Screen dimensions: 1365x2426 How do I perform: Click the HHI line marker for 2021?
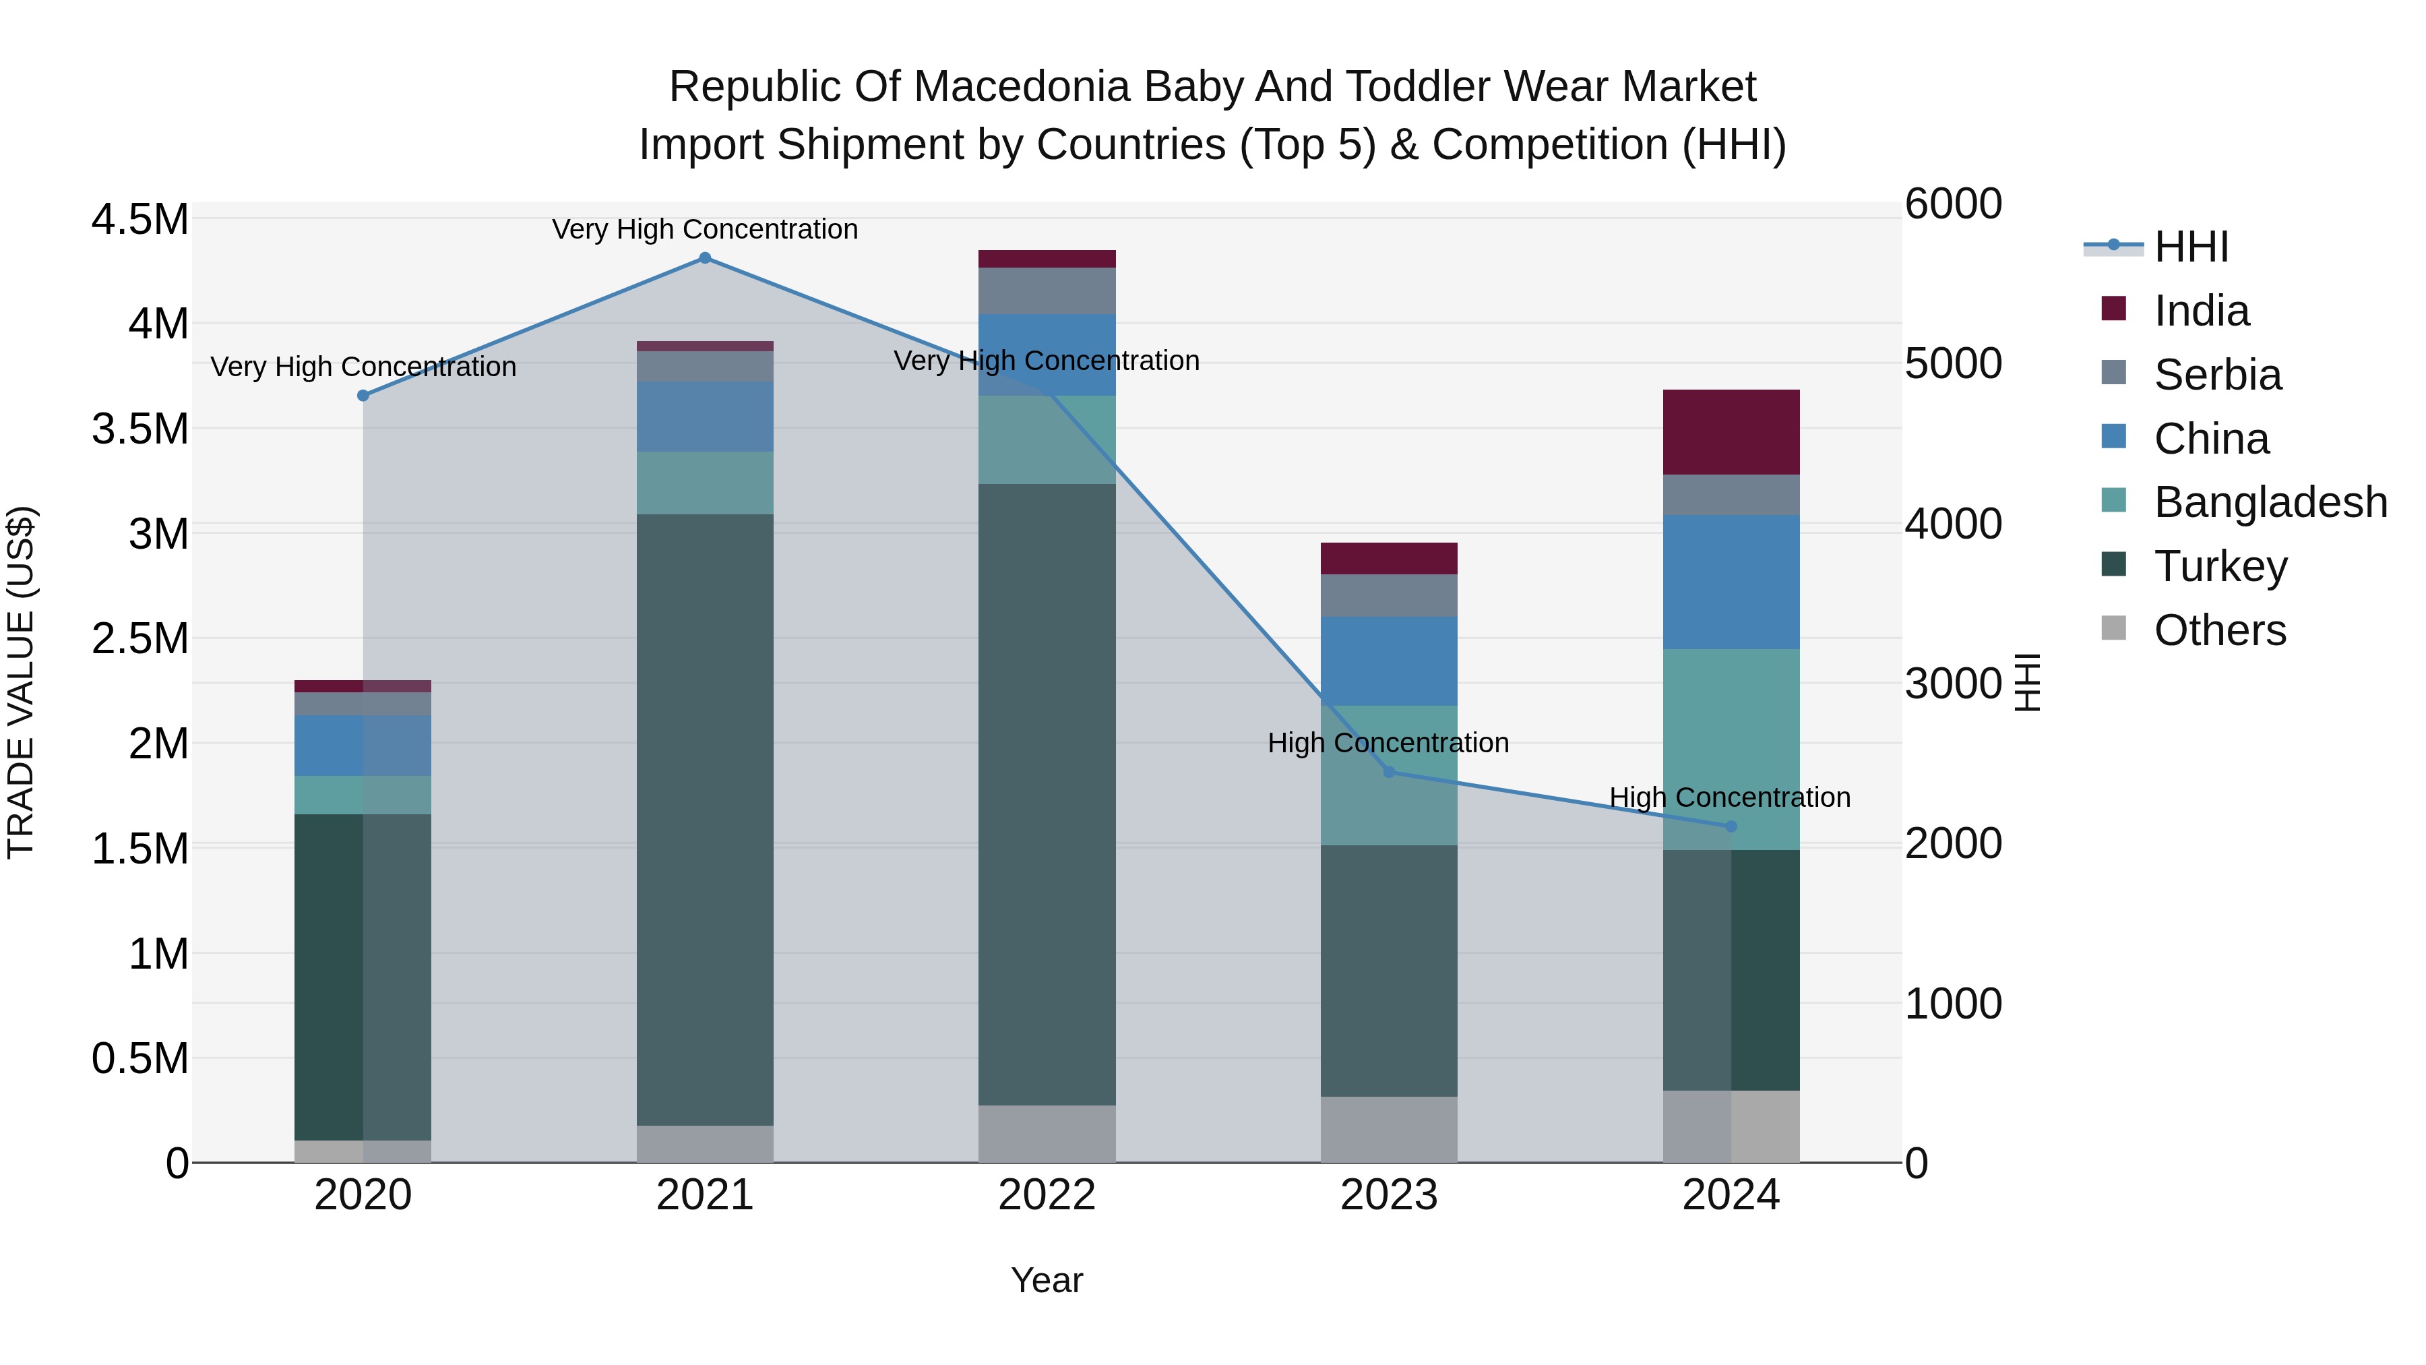pyautogui.click(x=704, y=258)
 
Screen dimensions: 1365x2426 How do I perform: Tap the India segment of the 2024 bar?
pyautogui.click(x=1731, y=432)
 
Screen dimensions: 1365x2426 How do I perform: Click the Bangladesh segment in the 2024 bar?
pyautogui.click(x=1731, y=749)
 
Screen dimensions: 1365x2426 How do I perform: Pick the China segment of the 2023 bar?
pyautogui.click(x=1388, y=661)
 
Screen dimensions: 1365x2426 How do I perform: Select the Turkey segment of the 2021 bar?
pyautogui.click(x=704, y=820)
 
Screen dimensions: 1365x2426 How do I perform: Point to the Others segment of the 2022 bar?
pyautogui.click(x=1047, y=1134)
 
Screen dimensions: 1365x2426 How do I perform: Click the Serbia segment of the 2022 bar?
pyautogui.click(x=1047, y=291)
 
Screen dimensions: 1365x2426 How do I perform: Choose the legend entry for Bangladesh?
pyautogui.click(x=2270, y=502)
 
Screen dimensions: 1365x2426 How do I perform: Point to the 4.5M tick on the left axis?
pyautogui.click(x=139, y=220)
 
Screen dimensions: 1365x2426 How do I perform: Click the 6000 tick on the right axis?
pyautogui.click(x=1953, y=204)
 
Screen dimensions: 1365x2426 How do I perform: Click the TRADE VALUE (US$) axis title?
pyautogui.click(x=21, y=682)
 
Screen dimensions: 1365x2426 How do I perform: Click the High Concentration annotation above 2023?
pyautogui.click(x=1388, y=744)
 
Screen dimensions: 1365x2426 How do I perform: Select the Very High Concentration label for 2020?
pyautogui.click(x=363, y=367)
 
